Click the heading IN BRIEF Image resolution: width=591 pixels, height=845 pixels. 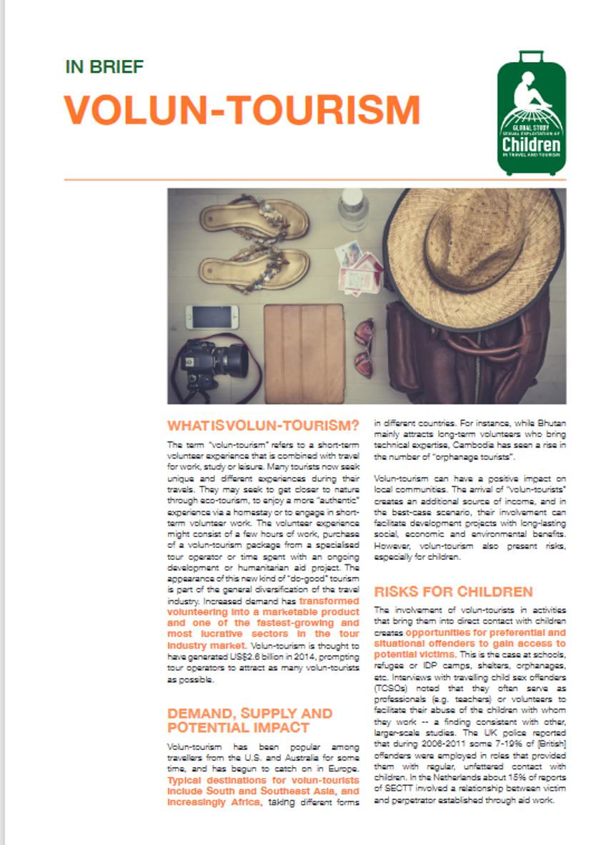point(104,67)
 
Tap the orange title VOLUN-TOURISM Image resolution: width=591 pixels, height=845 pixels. point(242,109)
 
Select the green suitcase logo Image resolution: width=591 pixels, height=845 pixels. point(531,114)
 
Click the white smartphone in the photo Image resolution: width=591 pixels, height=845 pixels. point(212,316)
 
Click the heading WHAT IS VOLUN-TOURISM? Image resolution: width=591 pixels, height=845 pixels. point(263,426)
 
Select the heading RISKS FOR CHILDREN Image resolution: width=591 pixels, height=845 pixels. point(453,591)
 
